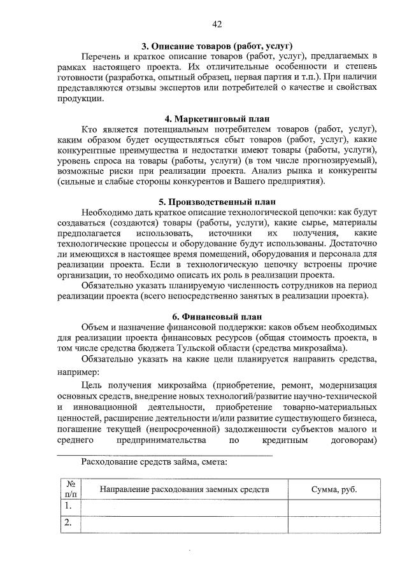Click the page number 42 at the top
(217, 24)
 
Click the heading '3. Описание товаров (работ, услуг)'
(217, 46)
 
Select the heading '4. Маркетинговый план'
(217, 118)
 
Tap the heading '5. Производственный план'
(217, 202)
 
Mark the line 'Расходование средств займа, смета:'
(151, 462)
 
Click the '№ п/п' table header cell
(69, 489)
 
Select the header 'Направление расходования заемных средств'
(185, 489)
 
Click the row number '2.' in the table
(68, 523)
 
